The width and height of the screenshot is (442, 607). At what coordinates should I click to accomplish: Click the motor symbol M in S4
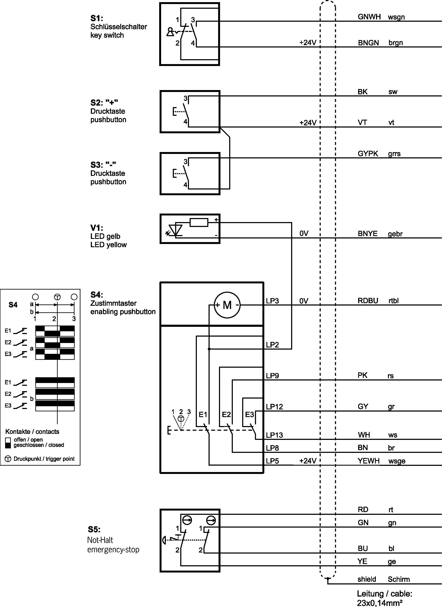pyautogui.click(x=227, y=305)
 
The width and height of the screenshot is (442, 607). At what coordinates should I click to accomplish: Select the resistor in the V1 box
pyautogui.click(x=199, y=222)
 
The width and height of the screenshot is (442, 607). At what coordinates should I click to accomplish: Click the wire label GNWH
pyautogui.click(x=369, y=17)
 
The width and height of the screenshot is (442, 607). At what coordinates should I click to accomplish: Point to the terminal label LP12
pyautogui.click(x=274, y=407)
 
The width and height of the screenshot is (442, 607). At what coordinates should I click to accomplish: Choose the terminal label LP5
pyautogui.click(x=272, y=461)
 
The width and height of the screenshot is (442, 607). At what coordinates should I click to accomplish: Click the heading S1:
pyautogui.click(x=97, y=18)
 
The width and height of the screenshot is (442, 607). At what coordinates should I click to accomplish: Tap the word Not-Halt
pyautogui.click(x=100, y=540)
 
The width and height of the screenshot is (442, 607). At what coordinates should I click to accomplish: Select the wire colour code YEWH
pyautogui.click(x=368, y=461)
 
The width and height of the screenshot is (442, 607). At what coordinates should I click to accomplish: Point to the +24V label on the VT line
pyautogui.click(x=308, y=123)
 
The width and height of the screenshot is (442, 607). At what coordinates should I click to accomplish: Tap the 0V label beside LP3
pyautogui.click(x=304, y=301)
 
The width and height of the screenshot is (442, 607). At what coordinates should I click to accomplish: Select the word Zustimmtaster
pyautogui.click(x=113, y=303)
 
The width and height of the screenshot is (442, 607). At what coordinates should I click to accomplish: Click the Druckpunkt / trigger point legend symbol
pyautogui.click(x=8, y=459)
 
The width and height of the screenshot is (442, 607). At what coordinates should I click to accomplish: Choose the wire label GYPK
pyautogui.click(x=368, y=154)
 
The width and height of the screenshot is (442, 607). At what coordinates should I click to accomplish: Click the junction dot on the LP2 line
pyautogui.click(x=209, y=349)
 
